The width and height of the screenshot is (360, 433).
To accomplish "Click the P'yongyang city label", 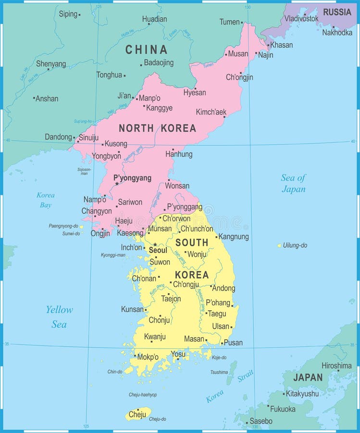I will [x=132, y=178].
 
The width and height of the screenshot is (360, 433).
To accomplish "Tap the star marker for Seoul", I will [x=155, y=244].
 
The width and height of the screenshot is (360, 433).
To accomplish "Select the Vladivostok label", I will [x=301, y=18].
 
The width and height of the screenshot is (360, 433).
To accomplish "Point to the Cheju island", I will [x=138, y=413].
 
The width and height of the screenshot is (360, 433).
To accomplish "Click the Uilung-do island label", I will [x=295, y=245].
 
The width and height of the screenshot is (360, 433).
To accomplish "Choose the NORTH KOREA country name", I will [x=157, y=128].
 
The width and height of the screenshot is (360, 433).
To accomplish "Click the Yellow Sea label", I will [x=59, y=317].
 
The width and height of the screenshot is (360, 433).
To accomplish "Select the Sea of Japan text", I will [x=293, y=183].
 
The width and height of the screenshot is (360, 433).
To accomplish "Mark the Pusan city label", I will [x=233, y=343].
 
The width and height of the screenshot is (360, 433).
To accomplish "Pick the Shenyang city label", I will [x=51, y=64].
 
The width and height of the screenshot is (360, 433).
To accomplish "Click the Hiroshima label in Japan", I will [x=336, y=366].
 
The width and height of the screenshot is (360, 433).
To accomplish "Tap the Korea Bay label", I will [x=46, y=200].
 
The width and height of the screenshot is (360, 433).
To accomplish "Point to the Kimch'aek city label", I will [x=211, y=112].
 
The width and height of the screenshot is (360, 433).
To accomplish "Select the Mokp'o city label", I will [x=148, y=357].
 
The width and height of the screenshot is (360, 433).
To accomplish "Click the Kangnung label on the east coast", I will [x=234, y=236].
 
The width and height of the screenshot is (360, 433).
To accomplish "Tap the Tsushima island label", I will [x=219, y=372].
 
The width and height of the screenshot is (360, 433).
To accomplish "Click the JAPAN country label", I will [x=308, y=378].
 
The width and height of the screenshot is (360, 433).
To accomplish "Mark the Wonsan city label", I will [x=177, y=185].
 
